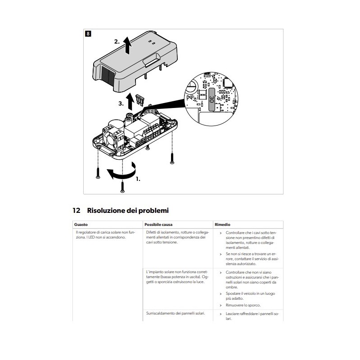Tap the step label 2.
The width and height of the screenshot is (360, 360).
coord(117,41)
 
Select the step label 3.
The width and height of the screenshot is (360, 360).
coord(121,103)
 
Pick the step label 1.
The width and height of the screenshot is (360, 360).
coord(138,179)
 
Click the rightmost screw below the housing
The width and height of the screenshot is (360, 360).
coord(171,157)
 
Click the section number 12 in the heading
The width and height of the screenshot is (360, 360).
coord(76,210)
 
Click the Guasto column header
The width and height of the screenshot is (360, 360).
coord(82,224)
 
